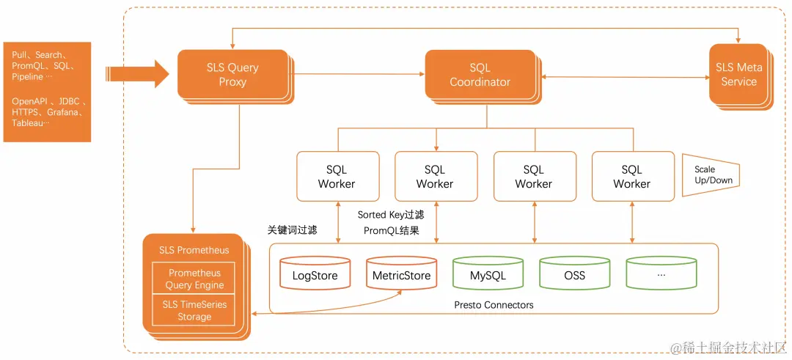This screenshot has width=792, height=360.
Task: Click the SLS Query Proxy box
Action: (232, 74)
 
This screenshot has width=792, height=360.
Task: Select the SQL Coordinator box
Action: (480, 75)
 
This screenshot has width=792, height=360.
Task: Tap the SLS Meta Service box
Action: (738, 74)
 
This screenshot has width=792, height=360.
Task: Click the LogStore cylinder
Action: (315, 274)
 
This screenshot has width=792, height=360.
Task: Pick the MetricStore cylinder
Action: (401, 274)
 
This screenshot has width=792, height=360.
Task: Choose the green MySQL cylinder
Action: (488, 274)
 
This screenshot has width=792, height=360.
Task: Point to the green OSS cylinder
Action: (574, 274)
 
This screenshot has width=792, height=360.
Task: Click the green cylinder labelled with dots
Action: (661, 274)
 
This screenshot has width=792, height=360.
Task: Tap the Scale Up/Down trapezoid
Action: (708, 175)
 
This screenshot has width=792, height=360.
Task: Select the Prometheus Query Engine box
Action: (194, 279)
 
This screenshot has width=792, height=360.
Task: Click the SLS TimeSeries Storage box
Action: (194, 311)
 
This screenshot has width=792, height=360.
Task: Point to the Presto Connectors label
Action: (494, 304)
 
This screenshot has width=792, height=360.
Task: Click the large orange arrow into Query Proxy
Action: (136, 74)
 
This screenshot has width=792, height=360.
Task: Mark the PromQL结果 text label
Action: (391, 230)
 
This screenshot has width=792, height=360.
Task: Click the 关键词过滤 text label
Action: (292, 230)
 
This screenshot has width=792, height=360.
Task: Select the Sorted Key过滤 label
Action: (391, 215)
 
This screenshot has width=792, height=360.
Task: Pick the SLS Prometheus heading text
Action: (194, 250)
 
